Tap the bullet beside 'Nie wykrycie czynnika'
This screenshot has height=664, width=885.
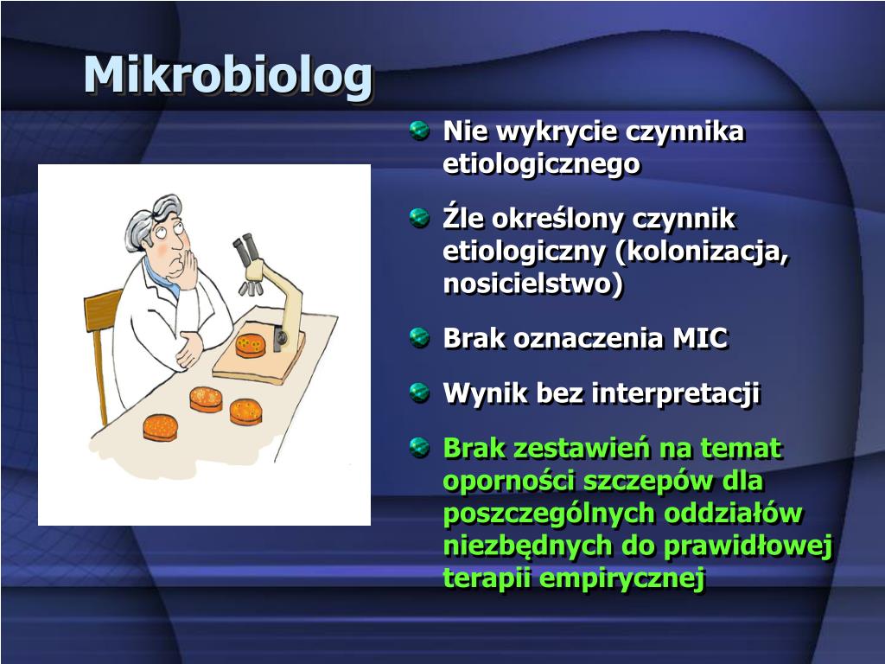click(x=419, y=131)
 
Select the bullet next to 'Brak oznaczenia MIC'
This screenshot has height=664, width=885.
click(x=419, y=338)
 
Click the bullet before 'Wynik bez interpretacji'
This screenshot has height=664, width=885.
click(x=419, y=393)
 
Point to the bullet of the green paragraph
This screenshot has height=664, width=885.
click(x=419, y=447)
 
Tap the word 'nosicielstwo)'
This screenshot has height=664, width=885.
click(x=533, y=283)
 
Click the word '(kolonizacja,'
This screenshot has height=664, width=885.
click(x=702, y=252)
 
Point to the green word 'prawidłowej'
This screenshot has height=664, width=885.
click(x=748, y=546)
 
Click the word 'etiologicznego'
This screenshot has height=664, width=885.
click(x=541, y=164)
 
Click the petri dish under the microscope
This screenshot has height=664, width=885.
click(x=250, y=346)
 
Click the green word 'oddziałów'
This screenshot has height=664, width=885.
click(x=733, y=514)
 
